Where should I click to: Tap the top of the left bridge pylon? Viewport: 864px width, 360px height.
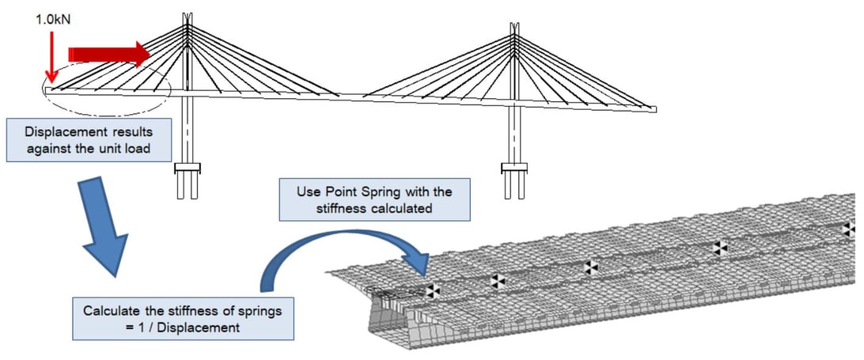187,18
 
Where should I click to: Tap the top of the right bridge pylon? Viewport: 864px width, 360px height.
514,28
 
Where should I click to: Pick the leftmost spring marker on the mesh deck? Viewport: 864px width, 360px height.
432,290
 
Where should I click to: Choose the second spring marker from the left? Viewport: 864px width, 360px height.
497,280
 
